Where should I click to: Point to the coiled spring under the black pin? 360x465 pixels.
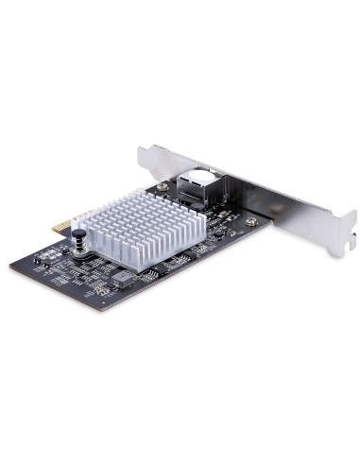pyautogui.click(x=81, y=249)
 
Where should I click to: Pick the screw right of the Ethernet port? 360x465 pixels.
pyautogui.click(x=250, y=222)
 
